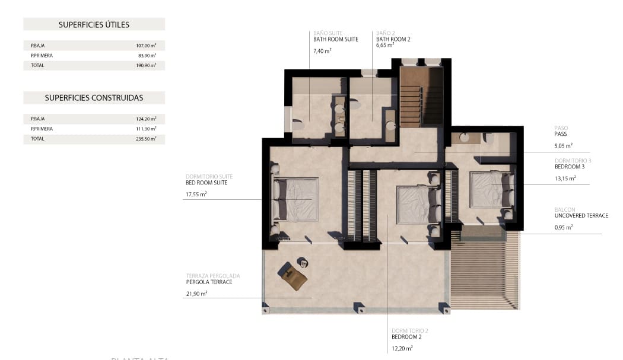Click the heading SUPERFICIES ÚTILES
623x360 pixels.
tap(94, 24)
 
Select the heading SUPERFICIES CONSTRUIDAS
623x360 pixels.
tap(94, 98)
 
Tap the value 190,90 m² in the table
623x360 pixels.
tap(146, 65)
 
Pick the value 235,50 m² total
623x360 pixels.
tap(146, 139)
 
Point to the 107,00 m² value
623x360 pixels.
tap(146, 45)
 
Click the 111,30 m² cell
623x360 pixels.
tap(146, 129)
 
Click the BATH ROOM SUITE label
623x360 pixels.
tap(335, 39)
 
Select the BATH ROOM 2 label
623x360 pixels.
tap(393, 39)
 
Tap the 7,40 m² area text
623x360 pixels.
tap(322, 51)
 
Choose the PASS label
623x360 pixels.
tap(560, 134)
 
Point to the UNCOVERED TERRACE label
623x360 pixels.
tap(581, 215)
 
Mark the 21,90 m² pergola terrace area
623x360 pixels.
tap(196, 294)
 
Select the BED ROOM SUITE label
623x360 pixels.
tap(206, 183)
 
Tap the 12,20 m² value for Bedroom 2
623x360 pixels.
tap(402, 348)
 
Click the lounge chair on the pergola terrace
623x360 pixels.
tap(293, 276)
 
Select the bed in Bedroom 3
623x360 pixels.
tap(490, 189)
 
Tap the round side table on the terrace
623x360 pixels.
tap(302, 262)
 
